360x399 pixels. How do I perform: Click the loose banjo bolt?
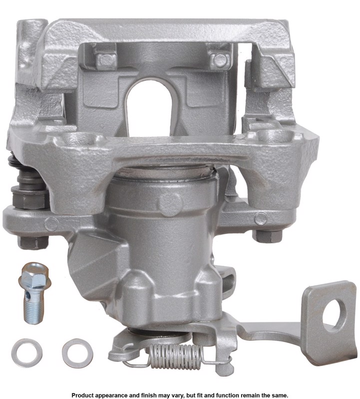coord(34,293)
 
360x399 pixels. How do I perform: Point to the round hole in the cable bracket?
coord(335,315)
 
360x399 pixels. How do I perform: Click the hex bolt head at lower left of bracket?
coord(32,242)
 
